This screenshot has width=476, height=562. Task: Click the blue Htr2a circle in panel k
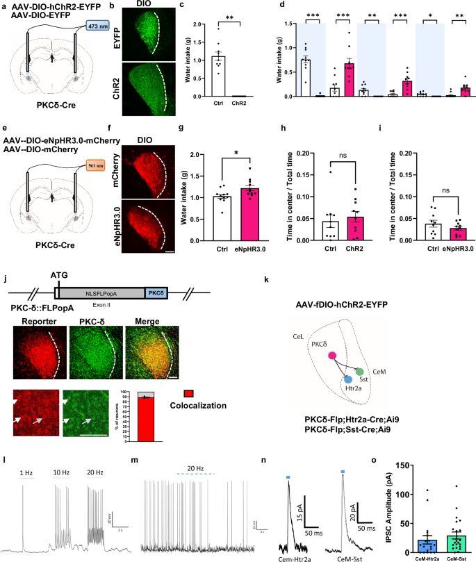[x=347, y=381]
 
